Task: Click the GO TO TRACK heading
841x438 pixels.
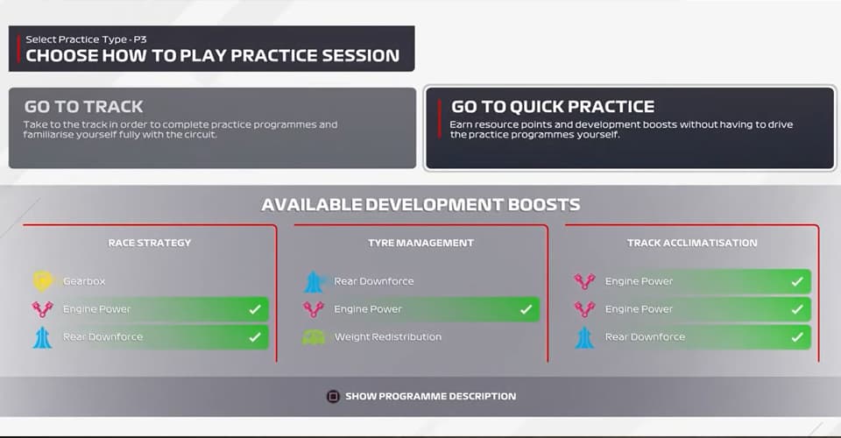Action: (x=83, y=107)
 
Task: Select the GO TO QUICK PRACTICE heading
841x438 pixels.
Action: (x=552, y=107)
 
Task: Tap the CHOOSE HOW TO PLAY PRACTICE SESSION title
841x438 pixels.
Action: (x=212, y=56)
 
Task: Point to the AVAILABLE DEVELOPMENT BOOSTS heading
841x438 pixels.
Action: (x=420, y=205)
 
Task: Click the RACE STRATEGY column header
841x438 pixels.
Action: (x=149, y=243)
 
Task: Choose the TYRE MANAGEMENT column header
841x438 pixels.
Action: (x=420, y=243)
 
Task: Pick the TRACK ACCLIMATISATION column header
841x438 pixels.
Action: (x=692, y=243)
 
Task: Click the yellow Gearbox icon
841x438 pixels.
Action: (x=42, y=281)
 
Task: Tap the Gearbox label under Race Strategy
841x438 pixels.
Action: (x=84, y=281)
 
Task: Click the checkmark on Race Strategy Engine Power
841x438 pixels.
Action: (x=254, y=309)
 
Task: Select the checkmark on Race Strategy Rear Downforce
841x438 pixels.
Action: (x=254, y=337)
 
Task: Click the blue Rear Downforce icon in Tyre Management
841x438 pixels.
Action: (x=314, y=281)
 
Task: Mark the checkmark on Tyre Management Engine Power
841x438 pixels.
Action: (x=526, y=309)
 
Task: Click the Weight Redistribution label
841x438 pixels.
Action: (x=387, y=337)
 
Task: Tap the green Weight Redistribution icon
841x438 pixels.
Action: (x=314, y=337)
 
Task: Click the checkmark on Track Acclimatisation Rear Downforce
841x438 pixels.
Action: (x=796, y=337)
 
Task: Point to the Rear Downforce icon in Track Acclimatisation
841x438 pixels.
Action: (x=584, y=337)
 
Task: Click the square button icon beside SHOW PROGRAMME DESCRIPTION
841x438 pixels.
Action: (x=333, y=396)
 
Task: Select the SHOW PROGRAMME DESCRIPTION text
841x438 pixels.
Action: (x=430, y=396)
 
